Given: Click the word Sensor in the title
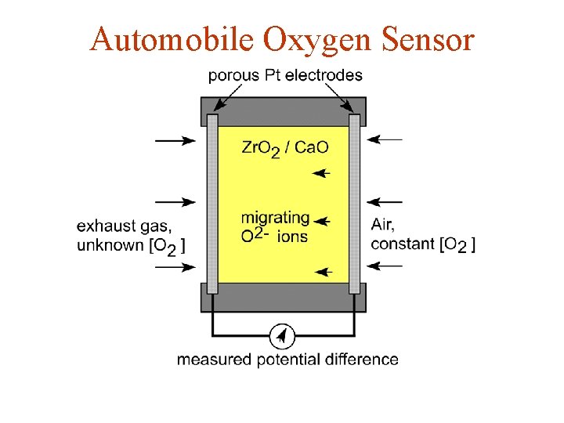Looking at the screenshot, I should (430, 38).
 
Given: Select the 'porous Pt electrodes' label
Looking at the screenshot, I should (285, 75).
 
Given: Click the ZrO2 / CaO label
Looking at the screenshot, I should (285, 148).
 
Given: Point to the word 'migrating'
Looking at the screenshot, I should (276, 217).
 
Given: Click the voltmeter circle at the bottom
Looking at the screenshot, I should (282, 337).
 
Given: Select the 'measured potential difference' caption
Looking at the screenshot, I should (287, 360).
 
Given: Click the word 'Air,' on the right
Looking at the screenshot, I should (383, 225).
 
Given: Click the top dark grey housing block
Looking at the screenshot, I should (283, 110).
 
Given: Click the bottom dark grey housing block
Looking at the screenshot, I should (283, 297).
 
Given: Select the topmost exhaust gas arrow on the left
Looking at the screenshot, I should (175, 140).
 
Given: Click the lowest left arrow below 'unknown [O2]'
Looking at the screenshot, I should (175, 267).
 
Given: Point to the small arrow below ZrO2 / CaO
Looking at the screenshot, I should (322, 173).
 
